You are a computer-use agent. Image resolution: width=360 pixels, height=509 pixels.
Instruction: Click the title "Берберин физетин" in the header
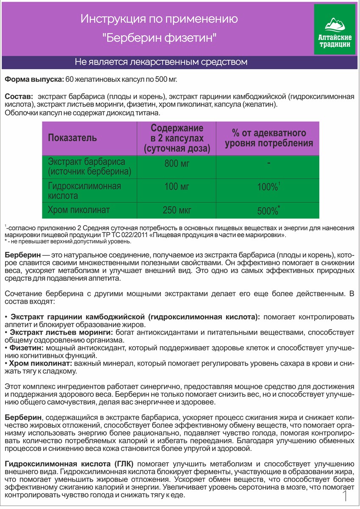[x=159, y=38]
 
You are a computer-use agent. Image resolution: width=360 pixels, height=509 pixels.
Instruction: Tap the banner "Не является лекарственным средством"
[x=161, y=62]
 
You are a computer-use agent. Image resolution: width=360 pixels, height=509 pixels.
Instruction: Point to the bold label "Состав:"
[x=17, y=96]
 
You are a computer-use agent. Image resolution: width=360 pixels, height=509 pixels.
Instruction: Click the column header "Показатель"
[x=72, y=138]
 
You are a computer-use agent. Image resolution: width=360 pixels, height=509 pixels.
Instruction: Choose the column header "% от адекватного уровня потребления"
[x=269, y=138]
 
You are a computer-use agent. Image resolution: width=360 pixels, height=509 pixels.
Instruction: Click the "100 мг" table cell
[x=177, y=186]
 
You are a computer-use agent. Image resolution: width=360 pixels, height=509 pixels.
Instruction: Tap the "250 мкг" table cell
[x=177, y=210]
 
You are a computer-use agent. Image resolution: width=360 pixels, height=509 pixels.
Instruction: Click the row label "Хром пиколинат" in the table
[x=79, y=210]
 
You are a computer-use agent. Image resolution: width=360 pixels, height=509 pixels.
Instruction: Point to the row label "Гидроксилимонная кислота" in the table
[x=84, y=191]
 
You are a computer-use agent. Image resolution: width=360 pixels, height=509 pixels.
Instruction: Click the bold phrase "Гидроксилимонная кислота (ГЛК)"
[x=69, y=463]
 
